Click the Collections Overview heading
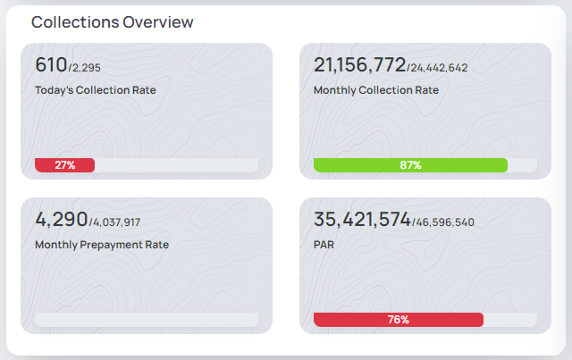click(x=113, y=22)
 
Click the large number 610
click(x=51, y=64)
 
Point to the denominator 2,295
click(x=87, y=68)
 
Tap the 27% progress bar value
click(x=64, y=165)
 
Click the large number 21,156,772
click(x=359, y=64)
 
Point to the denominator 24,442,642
click(x=439, y=68)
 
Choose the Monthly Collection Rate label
click(x=375, y=89)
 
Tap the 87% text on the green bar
click(x=410, y=165)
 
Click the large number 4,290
click(x=61, y=219)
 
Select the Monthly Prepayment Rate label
click(x=102, y=244)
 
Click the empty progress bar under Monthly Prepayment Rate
click(x=147, y=320)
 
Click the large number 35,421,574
click(x=362, y=219)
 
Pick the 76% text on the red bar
click(x=399, y=320)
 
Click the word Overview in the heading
click(x=158, y=22)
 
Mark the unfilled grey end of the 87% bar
click(x=523, y=165)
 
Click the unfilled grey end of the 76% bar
click(x=510, y=320)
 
